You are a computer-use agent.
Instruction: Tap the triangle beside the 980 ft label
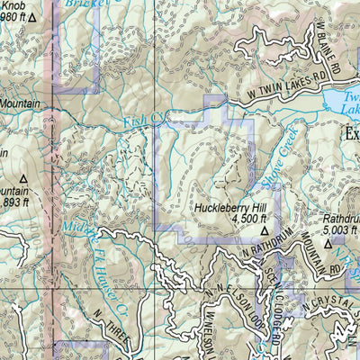[32, 17]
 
